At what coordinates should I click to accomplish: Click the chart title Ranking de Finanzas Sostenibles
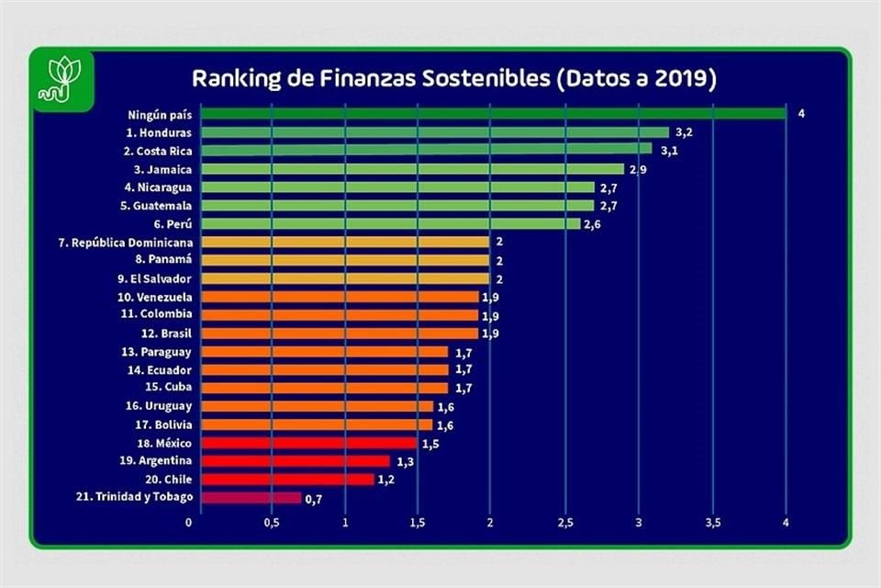pos(452,78)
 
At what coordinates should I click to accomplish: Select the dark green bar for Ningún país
pos(493,114)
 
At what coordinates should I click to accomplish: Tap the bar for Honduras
pos(434,132)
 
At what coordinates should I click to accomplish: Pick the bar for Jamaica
pos(411,169)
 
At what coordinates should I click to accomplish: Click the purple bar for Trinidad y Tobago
pos(251,498)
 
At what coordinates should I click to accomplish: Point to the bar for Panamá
pos(344,260)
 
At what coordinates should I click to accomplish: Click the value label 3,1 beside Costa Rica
pos(669,151)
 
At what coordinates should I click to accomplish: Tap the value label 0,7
pos(313,499)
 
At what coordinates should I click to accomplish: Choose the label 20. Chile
pos(165,480)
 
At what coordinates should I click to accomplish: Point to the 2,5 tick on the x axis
pos(565,523)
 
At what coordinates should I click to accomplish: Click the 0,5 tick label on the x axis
pos(272,523)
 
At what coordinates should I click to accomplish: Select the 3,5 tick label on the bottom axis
pos(712,523)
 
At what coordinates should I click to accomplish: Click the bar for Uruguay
pos(316,406)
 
